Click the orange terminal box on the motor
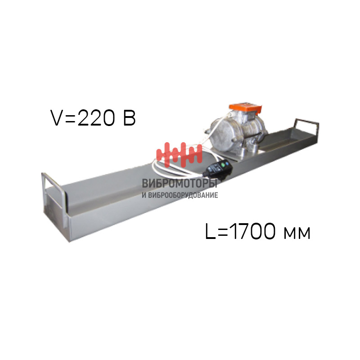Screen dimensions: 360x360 tap(245, 108)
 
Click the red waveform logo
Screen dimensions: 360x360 tap(179, 154)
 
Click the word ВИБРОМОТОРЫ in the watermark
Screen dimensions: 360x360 tap(180, 184)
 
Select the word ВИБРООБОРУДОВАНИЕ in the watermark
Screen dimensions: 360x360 tap(183, 195)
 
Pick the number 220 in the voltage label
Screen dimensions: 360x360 tap(96, 118)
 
